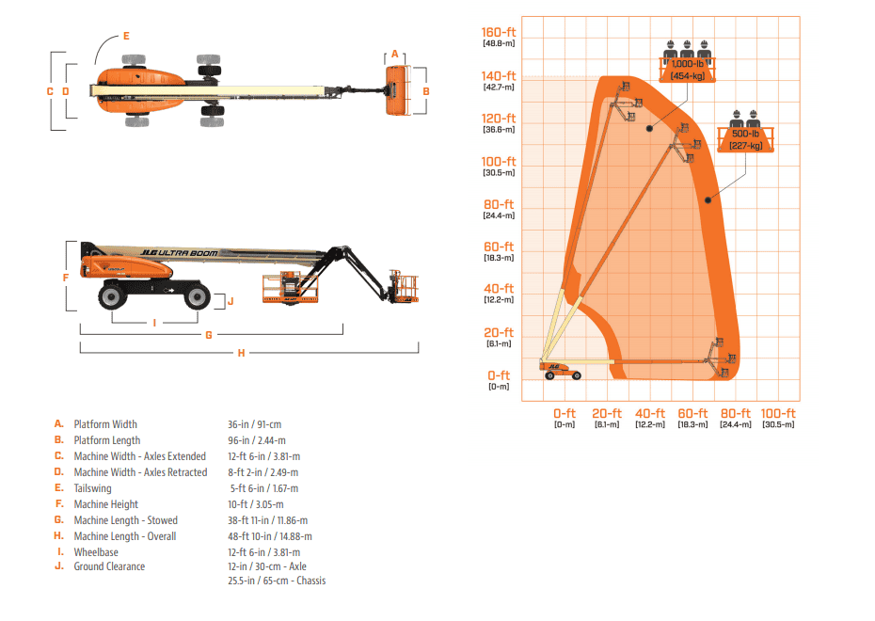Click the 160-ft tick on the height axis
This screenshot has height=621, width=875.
coord(498,34)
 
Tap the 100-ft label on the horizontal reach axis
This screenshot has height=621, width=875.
coord(778,414)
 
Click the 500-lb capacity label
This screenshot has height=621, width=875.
coord(751,134)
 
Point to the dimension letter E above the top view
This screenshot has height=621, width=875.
coord(126,36)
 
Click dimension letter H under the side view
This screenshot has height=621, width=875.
coord(241,353)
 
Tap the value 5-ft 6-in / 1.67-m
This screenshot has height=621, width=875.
coord(264,488)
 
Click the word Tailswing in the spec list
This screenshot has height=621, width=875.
coord(92,488)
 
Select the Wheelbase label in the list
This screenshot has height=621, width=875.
coord(96,552)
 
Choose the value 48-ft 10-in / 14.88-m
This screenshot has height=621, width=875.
coord(270,536)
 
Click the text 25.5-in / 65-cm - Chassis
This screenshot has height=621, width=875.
coord(277,581)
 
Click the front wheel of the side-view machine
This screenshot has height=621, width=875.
coord(197,297)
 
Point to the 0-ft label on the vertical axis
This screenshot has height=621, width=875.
coord(498,375)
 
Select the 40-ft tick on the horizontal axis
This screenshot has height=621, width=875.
coord(649,414)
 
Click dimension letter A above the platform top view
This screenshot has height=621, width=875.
coord(395,55)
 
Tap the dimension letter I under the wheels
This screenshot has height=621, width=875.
coord(154,323)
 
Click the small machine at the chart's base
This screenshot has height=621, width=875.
coord(560,369)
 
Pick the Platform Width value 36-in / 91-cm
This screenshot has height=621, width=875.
coord(254,424)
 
